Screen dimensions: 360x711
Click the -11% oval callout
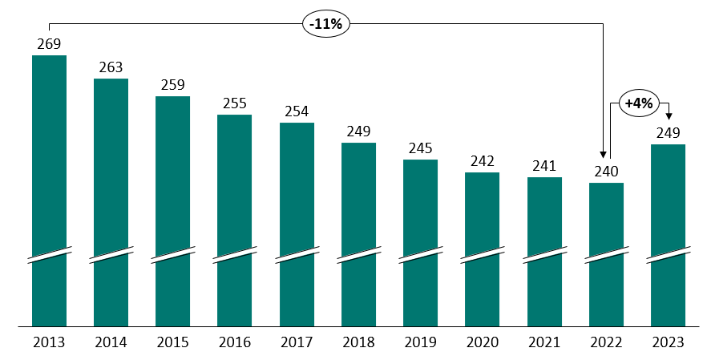(x=325, y=24)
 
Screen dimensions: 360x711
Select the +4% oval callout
(x=639, y=103)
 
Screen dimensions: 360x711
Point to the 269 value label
(x=49, y=43)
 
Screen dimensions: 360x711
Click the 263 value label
(x=111, y=67)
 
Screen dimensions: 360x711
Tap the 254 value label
(x=297, y=111)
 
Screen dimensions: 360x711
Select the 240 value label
(x=606, y=171)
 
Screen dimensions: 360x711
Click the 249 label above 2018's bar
(x=358, y=131)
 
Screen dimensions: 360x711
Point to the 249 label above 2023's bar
(x=668, y=132)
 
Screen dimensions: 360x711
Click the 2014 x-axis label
(x=111, y=342)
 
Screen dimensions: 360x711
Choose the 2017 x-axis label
(x=297, y=342)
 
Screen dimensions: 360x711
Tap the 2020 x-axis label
(x=482, y=342)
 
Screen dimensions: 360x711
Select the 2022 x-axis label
(x=606, y=342)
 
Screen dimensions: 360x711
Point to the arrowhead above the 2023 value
(x=668, y=116)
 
